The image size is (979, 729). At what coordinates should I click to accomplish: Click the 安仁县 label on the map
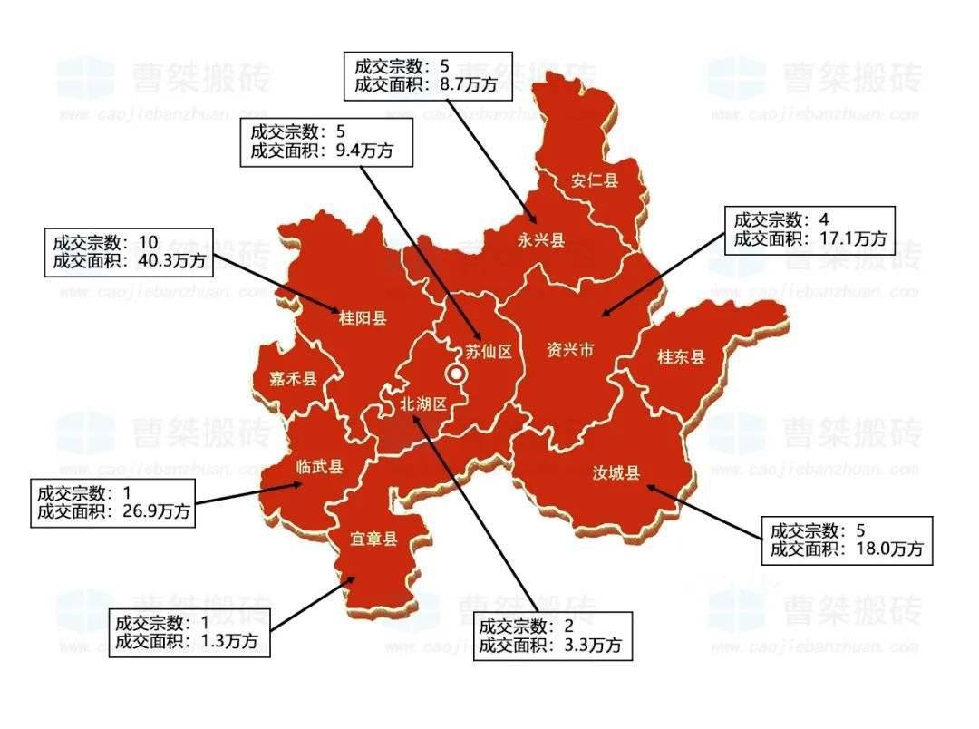coord(595,180)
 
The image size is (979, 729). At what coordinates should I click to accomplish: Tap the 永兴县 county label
coord(541,240)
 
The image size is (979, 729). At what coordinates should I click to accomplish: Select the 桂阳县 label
coord(363,318)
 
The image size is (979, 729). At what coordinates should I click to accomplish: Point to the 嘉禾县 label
coord(293,379)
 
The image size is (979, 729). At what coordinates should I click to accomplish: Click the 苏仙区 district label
coord(489,353)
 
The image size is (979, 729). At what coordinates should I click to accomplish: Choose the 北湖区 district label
coord(424,404)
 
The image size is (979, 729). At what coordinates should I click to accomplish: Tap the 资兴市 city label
coord(570,350)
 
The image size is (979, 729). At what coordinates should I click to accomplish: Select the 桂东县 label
coord(681,357)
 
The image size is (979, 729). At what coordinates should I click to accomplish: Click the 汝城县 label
coord(616,472)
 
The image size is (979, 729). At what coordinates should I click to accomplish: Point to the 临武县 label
coord(320,467)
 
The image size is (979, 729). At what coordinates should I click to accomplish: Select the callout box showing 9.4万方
coord(326,141)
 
